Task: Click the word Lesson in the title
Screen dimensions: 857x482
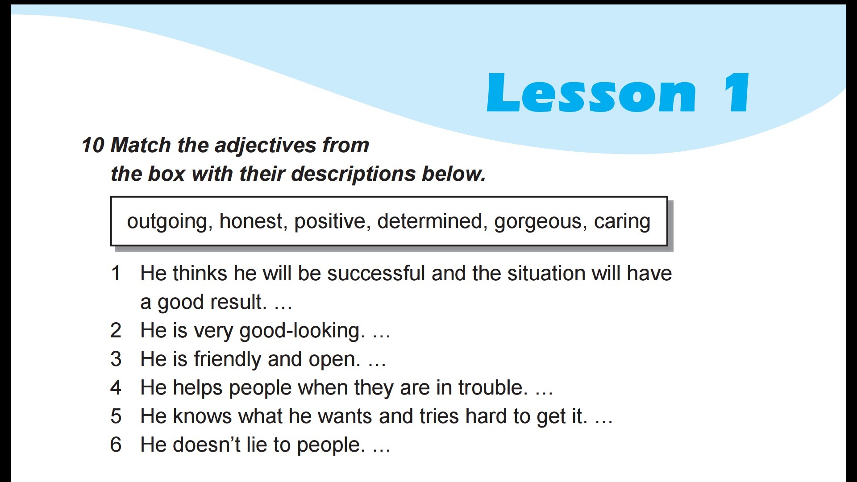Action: coord(591,92)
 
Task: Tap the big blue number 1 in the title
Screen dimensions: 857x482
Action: coord(736,92)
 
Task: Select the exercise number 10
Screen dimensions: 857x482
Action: coord(93,145)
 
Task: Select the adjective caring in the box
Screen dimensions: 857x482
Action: coord(622,222)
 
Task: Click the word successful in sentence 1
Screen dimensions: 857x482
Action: coord(376,273)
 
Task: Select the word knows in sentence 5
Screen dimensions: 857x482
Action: coord(202,416)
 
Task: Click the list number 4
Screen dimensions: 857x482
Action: coord(116,388)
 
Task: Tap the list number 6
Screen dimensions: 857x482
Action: coord(116,445)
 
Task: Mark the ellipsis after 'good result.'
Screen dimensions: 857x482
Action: coord(283,308)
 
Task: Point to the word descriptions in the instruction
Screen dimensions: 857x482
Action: coord(353,174)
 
